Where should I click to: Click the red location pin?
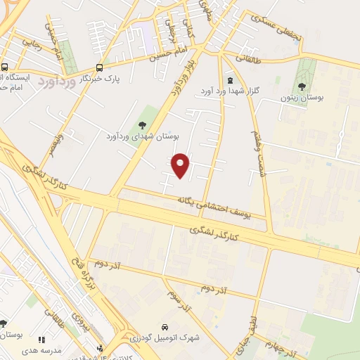coord(181,165)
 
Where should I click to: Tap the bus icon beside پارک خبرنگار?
coord(102,68)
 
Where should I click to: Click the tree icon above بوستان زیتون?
coord(302,86)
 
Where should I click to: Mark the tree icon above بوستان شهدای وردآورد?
coord(143,124)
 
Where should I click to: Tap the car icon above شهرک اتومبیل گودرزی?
coord(164,326)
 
